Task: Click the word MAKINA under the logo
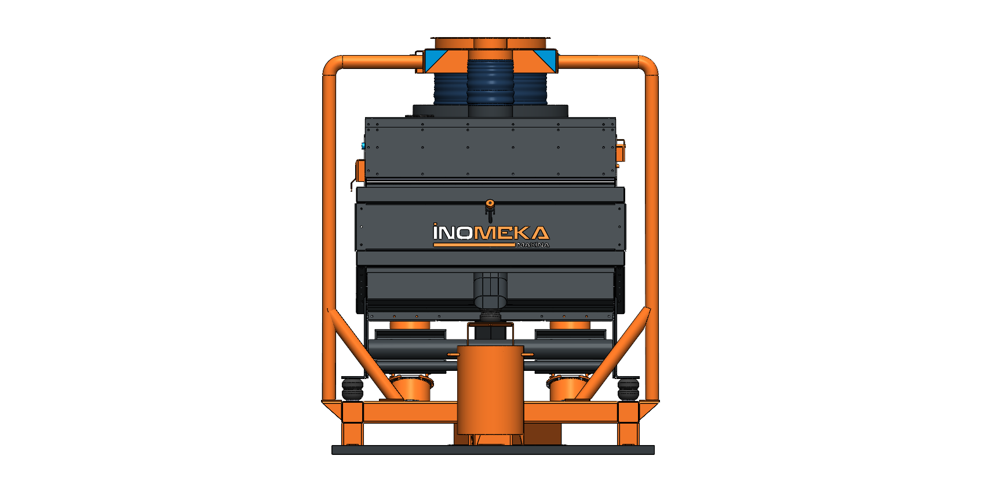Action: (532, 245)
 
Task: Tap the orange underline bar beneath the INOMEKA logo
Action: (473, 245)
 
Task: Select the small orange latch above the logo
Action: (490, 204)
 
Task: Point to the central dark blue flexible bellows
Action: (490, 82)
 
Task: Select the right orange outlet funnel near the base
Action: (569, 387)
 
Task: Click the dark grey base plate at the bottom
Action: (493, 450)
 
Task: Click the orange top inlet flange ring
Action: (490, 43)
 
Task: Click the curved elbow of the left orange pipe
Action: (331, 65)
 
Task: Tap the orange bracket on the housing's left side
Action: (360, 170)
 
